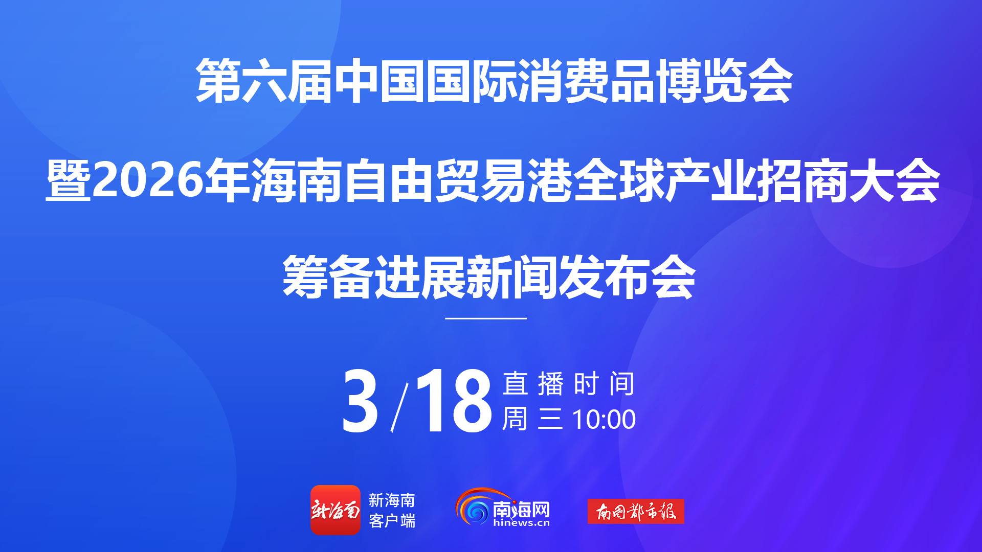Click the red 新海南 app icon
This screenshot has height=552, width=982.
coord(336,510)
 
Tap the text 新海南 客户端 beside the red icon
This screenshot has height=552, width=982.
coord(392,510)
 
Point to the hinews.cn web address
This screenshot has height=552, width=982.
coord(522,522)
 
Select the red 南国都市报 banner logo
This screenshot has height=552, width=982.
coord(636,511)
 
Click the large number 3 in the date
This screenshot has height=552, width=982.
coord(360,401)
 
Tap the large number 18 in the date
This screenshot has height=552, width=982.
coord(453,401)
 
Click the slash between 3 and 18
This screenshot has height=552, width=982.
coord(399,407)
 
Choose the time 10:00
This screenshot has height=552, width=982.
coord(604,420)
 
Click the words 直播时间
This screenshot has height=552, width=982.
coord(569,384)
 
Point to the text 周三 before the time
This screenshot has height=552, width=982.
coord(532,419)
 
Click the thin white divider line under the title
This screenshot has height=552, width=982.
coord(486,318)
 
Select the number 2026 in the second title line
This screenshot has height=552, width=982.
coord(148,180)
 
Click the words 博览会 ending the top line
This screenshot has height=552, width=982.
coord(724,81)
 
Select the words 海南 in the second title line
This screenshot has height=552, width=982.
coord(296,180)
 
